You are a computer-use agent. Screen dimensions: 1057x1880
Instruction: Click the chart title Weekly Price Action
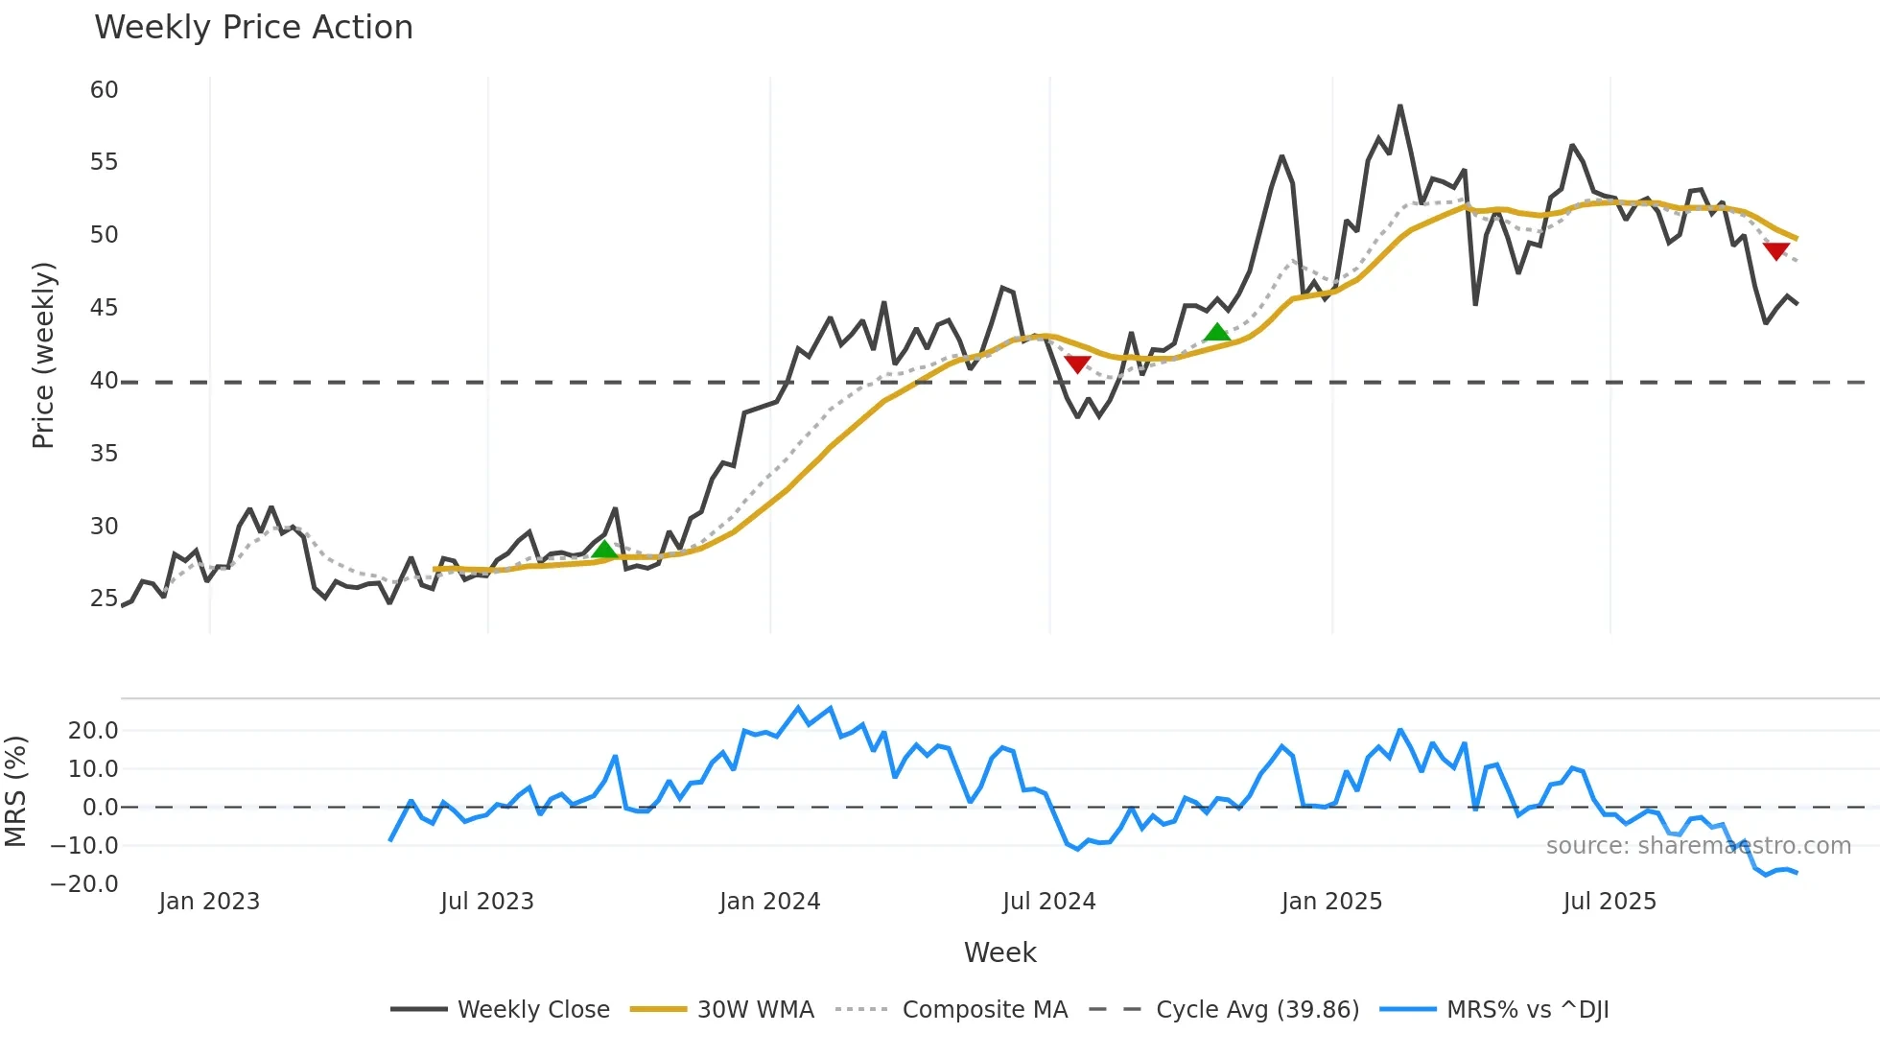click(x=253, y=27)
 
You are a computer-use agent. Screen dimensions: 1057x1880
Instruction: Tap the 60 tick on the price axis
click(x=104, y=90)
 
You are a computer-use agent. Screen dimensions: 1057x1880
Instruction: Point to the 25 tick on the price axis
click(x=104, y=599)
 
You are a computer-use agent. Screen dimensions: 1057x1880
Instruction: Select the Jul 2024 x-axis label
click(x=1048, y=902)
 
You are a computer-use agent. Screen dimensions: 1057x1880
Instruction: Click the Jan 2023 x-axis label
click(x=209, y=902)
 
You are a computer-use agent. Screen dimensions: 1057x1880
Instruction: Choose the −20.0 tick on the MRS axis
click(x=84, y=884)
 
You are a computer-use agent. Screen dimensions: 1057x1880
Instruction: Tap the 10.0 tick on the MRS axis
click(x=93, y=769)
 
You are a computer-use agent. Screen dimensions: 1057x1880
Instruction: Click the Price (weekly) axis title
click(x=43, y=355)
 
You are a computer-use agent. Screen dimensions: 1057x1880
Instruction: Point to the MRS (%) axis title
click(x=15, y=791)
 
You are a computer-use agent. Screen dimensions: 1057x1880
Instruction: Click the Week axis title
click(x=999, y=952)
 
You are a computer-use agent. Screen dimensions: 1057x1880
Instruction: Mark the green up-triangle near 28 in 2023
click(x=604, y=550)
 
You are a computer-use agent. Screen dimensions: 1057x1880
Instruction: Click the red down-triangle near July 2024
click(x=1077, y=364)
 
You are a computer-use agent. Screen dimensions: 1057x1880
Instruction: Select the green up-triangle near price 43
click(x=1216, y=333)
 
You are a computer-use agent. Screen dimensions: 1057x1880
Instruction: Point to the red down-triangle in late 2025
click(x=1775, y=251)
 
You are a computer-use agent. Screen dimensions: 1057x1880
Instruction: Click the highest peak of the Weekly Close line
click(x=1399, y=106)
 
